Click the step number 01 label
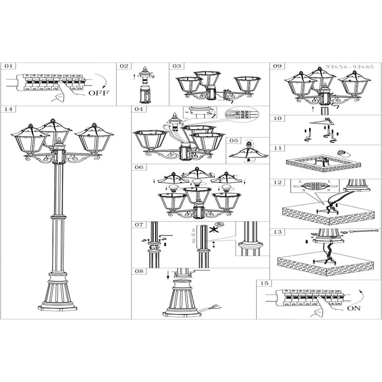coord(8,66)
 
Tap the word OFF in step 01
coord(99,93)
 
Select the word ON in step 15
coord(354,308)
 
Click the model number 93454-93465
coord(350,67)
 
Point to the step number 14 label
coord(8,109)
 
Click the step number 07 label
coord(139,225)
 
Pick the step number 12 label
coord(278,183)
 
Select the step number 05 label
coord(234,141)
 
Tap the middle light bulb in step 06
coord(197,183)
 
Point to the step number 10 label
coord(278,118)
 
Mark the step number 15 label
coord(264,283)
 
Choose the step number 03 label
coord(177,66)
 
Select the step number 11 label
coord(278,148)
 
